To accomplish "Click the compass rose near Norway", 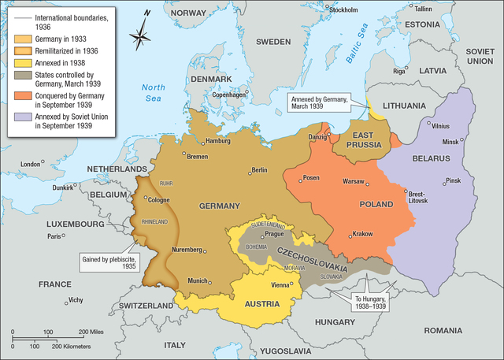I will (142, 37).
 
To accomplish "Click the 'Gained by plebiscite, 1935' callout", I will (108, 262).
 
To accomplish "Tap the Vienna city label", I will (281, 284).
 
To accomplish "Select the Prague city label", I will (275, 234).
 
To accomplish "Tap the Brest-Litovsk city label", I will (417, 196).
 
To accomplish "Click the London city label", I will (31, 164).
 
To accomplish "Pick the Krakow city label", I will (363, 234).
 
